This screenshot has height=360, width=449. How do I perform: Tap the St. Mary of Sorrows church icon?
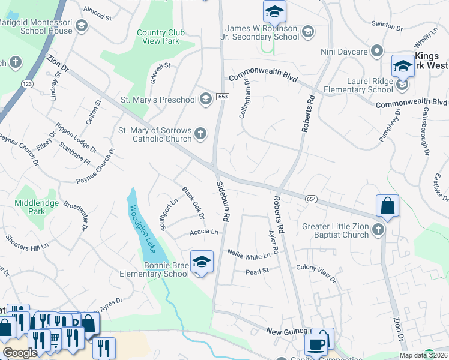[x=201, y=134]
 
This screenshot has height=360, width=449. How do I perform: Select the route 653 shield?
[x=223, y=97]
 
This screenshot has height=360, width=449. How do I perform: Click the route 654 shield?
[x=310, y=199]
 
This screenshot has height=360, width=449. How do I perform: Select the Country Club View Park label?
[x=158, y=37]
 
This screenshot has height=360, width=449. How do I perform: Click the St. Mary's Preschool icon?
[x=205, y=98]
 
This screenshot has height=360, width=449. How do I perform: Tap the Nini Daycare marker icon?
[x=377, y=52]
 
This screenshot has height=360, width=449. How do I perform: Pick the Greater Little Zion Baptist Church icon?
[x=378, y=229]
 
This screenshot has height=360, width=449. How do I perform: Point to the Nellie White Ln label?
[x=249, y=256]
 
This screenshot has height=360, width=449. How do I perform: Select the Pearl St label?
[x=257, y=271]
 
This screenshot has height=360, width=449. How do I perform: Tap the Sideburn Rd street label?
[x=221, y=200]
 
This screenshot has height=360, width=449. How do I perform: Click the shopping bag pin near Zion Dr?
[x=387, y=206]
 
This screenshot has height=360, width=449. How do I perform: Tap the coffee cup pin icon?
[x=316, y=344]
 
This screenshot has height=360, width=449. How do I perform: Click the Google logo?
[x=20, y=353]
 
